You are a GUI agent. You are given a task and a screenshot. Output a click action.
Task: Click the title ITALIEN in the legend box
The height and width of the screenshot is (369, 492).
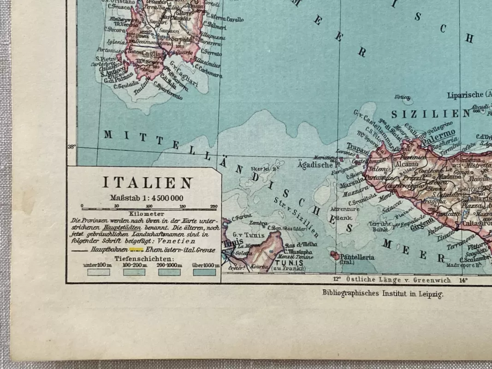[x=147, y=183]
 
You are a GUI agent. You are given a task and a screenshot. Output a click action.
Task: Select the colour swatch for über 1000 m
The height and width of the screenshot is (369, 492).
[x=205, y=272]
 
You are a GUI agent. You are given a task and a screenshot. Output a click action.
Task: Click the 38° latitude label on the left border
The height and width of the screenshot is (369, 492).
[x=71, y=147]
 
